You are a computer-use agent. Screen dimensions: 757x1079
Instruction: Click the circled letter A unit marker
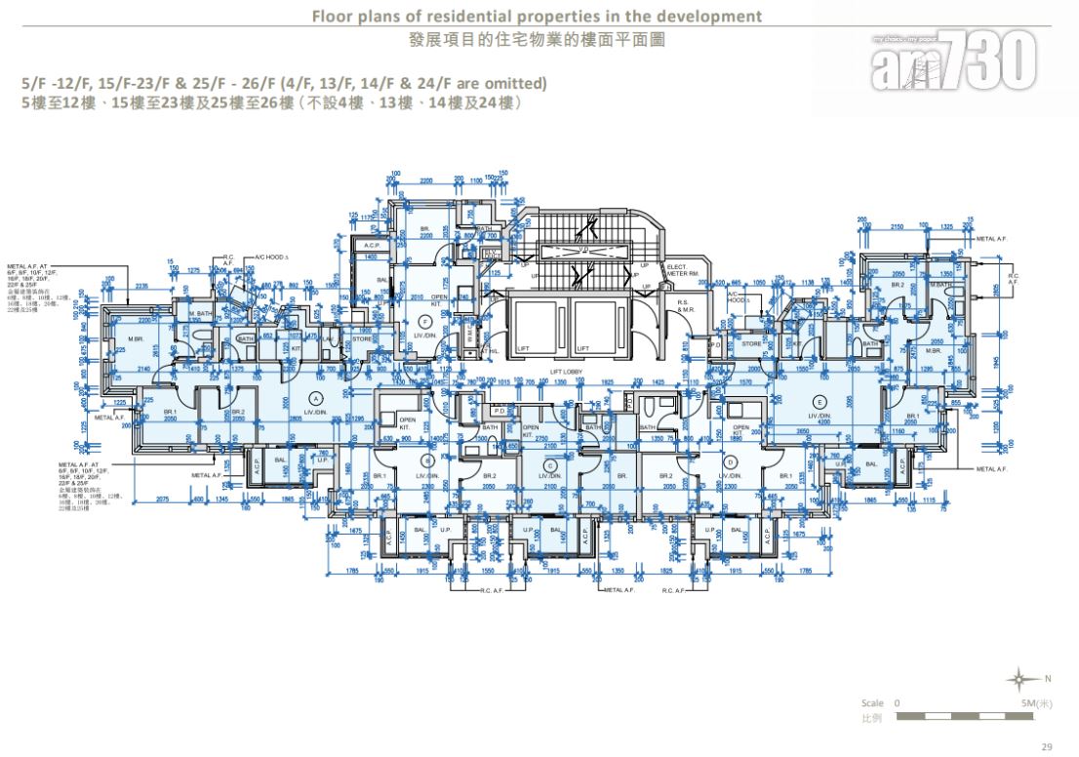(x=315, y=398)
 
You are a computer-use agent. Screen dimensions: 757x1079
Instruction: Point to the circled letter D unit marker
(x=731, y=462)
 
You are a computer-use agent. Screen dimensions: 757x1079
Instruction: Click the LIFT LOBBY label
(x=568, y=372)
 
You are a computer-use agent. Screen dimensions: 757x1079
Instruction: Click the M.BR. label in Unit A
(x=136, y=339)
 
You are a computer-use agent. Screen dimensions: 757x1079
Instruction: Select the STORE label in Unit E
(x=752, y=342)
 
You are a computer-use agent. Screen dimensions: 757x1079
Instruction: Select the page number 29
(x=1047, y=746)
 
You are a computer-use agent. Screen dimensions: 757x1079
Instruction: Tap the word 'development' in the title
(x=710, y=17)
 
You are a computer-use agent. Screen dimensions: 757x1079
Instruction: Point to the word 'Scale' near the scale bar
(x=872, y=702)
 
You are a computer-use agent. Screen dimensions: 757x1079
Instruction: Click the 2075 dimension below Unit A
(x=163, y=498)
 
